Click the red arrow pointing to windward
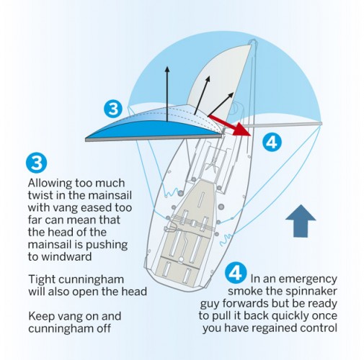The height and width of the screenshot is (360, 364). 230,122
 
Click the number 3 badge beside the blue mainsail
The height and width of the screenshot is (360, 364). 112,109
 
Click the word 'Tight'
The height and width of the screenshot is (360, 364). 42,279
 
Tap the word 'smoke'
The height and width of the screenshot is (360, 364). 245,292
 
